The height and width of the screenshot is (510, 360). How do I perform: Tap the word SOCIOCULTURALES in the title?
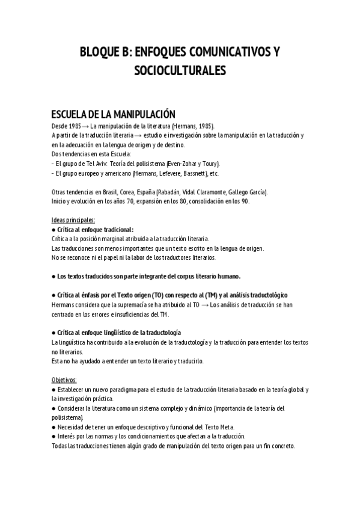click(180, 72)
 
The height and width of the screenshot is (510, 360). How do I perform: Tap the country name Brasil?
click(107, 192)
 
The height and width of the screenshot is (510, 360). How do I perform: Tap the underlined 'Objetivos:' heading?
click(64, 380)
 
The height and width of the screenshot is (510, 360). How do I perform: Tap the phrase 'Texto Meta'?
click(204, 427)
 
